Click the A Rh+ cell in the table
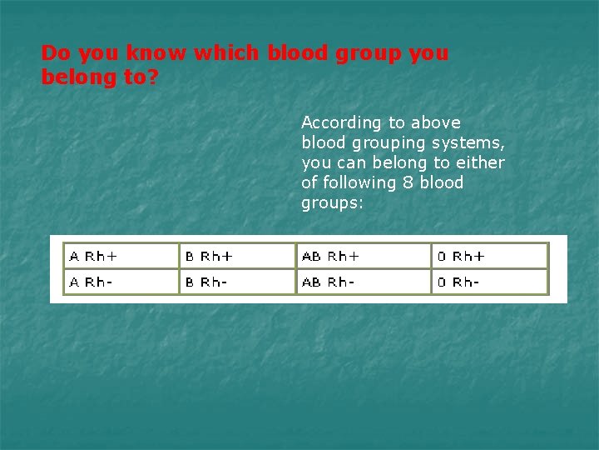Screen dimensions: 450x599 (x=121, y=256)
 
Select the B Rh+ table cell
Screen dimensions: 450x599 (x=237, y=256)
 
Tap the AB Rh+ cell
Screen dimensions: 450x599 (x=363, y=256)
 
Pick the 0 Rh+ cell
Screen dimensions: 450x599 (x=489, y=256)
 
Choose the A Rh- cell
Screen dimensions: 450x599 (x=121, y=282)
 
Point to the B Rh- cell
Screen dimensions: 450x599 (x=237, y=282)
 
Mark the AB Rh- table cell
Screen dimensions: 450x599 (x=363, y=282)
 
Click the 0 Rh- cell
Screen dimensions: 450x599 (x=489, y=282)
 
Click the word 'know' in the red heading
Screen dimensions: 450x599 (x=157, y=53)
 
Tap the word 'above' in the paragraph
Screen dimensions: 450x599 (x=435, y=122)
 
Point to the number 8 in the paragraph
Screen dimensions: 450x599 (x=407, y=182)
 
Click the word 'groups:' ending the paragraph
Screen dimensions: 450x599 (x=332, y=203)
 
